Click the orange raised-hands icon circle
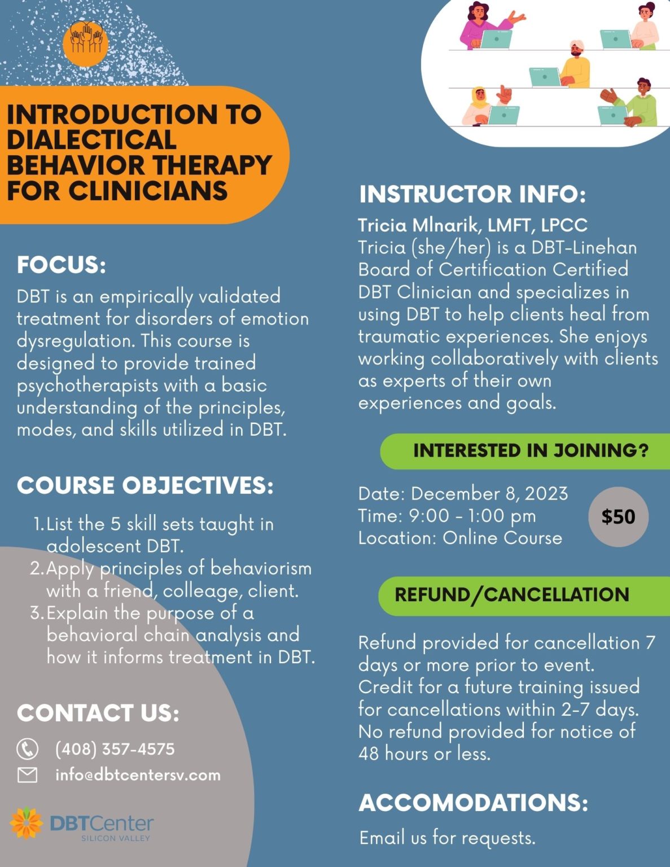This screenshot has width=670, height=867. point(85,43)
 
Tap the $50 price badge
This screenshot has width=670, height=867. point(618,516)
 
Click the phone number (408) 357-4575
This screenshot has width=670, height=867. point(115,749)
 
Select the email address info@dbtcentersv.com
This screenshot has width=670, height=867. point(138,775)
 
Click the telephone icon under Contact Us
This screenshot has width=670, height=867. point(28,748)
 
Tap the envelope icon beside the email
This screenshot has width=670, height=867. point(28,775)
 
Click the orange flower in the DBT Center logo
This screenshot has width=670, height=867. point(27,823)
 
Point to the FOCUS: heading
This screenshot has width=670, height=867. point(62,265)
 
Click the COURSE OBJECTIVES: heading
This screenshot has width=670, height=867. point(145,485)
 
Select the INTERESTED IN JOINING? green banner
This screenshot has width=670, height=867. point(525,451)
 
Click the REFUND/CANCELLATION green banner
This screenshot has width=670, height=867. point(524,595)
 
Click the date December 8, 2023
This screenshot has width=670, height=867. point(489,493)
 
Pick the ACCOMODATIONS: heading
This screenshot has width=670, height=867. point(474,802)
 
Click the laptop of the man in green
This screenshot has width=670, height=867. point(612,115)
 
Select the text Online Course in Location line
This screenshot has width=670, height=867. point(502,538)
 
